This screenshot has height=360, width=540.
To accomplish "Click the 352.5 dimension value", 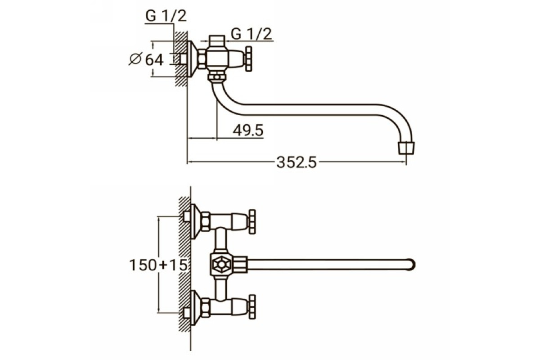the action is tap(296, 162).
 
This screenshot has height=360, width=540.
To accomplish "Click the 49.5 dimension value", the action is tap(248, 130).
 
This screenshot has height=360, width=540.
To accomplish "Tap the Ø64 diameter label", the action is tap(146, 59).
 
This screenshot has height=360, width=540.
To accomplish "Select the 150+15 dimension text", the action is tap(158, 265).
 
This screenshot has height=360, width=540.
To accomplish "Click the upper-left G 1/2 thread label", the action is tap(166, 16).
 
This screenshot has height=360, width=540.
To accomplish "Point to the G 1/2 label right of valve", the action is tap(252, 34).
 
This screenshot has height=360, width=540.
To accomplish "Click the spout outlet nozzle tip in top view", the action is tap(406, 148).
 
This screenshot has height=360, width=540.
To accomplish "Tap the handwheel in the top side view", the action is tap(248, 59).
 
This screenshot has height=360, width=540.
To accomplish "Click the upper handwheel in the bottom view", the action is tap(252, 221).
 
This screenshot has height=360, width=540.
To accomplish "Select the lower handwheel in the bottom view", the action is tap(252, 307).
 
